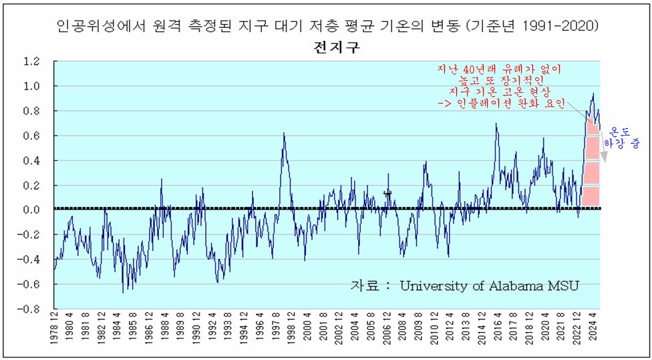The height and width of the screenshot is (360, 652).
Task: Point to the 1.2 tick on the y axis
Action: (31, 62)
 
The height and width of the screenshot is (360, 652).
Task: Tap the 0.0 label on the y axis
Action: (31, 210)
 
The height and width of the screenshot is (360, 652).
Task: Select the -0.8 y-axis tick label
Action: (29, 310)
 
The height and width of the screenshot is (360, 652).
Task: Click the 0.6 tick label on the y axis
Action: (31, 136)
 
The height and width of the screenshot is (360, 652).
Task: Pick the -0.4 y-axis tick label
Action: (29, 260)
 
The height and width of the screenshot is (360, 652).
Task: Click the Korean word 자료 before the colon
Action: (365, 286)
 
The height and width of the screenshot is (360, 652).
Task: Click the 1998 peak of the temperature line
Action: (284, 134)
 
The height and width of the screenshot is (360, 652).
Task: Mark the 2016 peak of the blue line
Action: (496, 124)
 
